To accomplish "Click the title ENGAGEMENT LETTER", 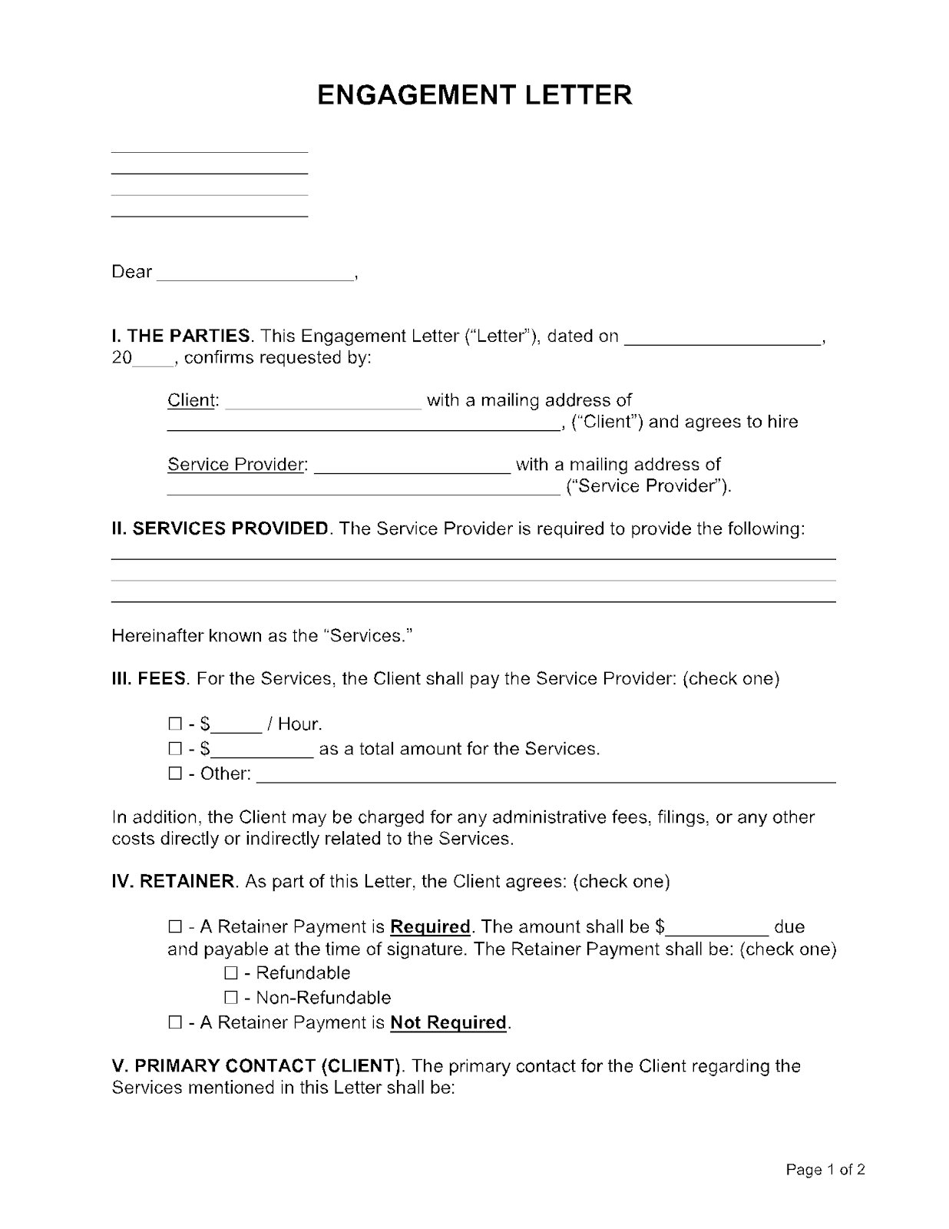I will (x=474, y=95).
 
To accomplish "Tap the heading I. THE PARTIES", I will (x=181, y=336).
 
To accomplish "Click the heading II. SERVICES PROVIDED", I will (x=220, y=528).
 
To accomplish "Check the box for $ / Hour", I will (x=174, y=724).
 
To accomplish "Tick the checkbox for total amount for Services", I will (x=174, y=749).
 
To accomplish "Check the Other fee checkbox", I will (x=174, y=774).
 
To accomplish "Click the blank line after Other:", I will (x=545, y=776).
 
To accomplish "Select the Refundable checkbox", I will (x=231, y=973).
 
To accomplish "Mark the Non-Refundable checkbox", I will (x=231, y=998).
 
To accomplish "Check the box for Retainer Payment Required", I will (x=174, y=927).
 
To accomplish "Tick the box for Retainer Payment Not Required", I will (x=174, y=1022).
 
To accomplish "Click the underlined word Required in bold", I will (x=430, y=927).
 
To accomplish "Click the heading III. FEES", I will (x=149, y=679).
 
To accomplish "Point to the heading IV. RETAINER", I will (x=173, y=882).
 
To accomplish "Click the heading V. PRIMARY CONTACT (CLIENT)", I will (x=257, y=1066).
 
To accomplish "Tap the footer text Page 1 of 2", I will (x=825, y=1170).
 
